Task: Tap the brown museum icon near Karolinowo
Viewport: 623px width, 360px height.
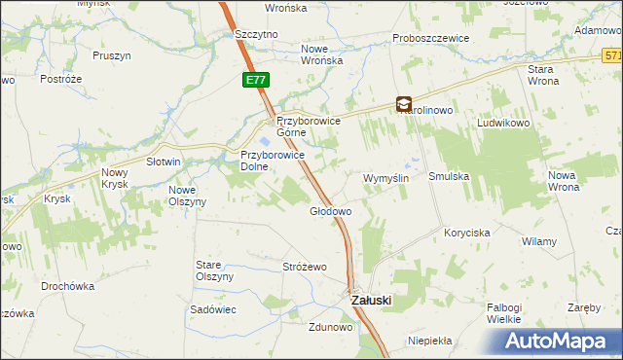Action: pos(404,104)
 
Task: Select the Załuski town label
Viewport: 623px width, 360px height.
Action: pos(370,301)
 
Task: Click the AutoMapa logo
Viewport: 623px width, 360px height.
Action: pos(559,342)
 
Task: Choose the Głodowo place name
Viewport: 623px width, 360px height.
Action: pos(330,210)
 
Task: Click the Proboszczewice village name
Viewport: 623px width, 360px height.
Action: pos(431,38)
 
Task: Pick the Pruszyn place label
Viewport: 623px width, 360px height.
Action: pos(112,55)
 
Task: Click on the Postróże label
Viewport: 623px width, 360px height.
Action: pos(59,78)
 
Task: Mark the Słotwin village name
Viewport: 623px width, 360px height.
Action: pos(164,162)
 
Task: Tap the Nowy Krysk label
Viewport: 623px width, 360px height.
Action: pos(115,178)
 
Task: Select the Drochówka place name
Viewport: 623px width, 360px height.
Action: pos(67,286)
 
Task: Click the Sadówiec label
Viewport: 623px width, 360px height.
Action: pos(214,307)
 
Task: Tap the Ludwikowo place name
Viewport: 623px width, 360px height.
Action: pos(502,125)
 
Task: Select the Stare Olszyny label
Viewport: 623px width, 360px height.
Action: pos(215,270)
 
